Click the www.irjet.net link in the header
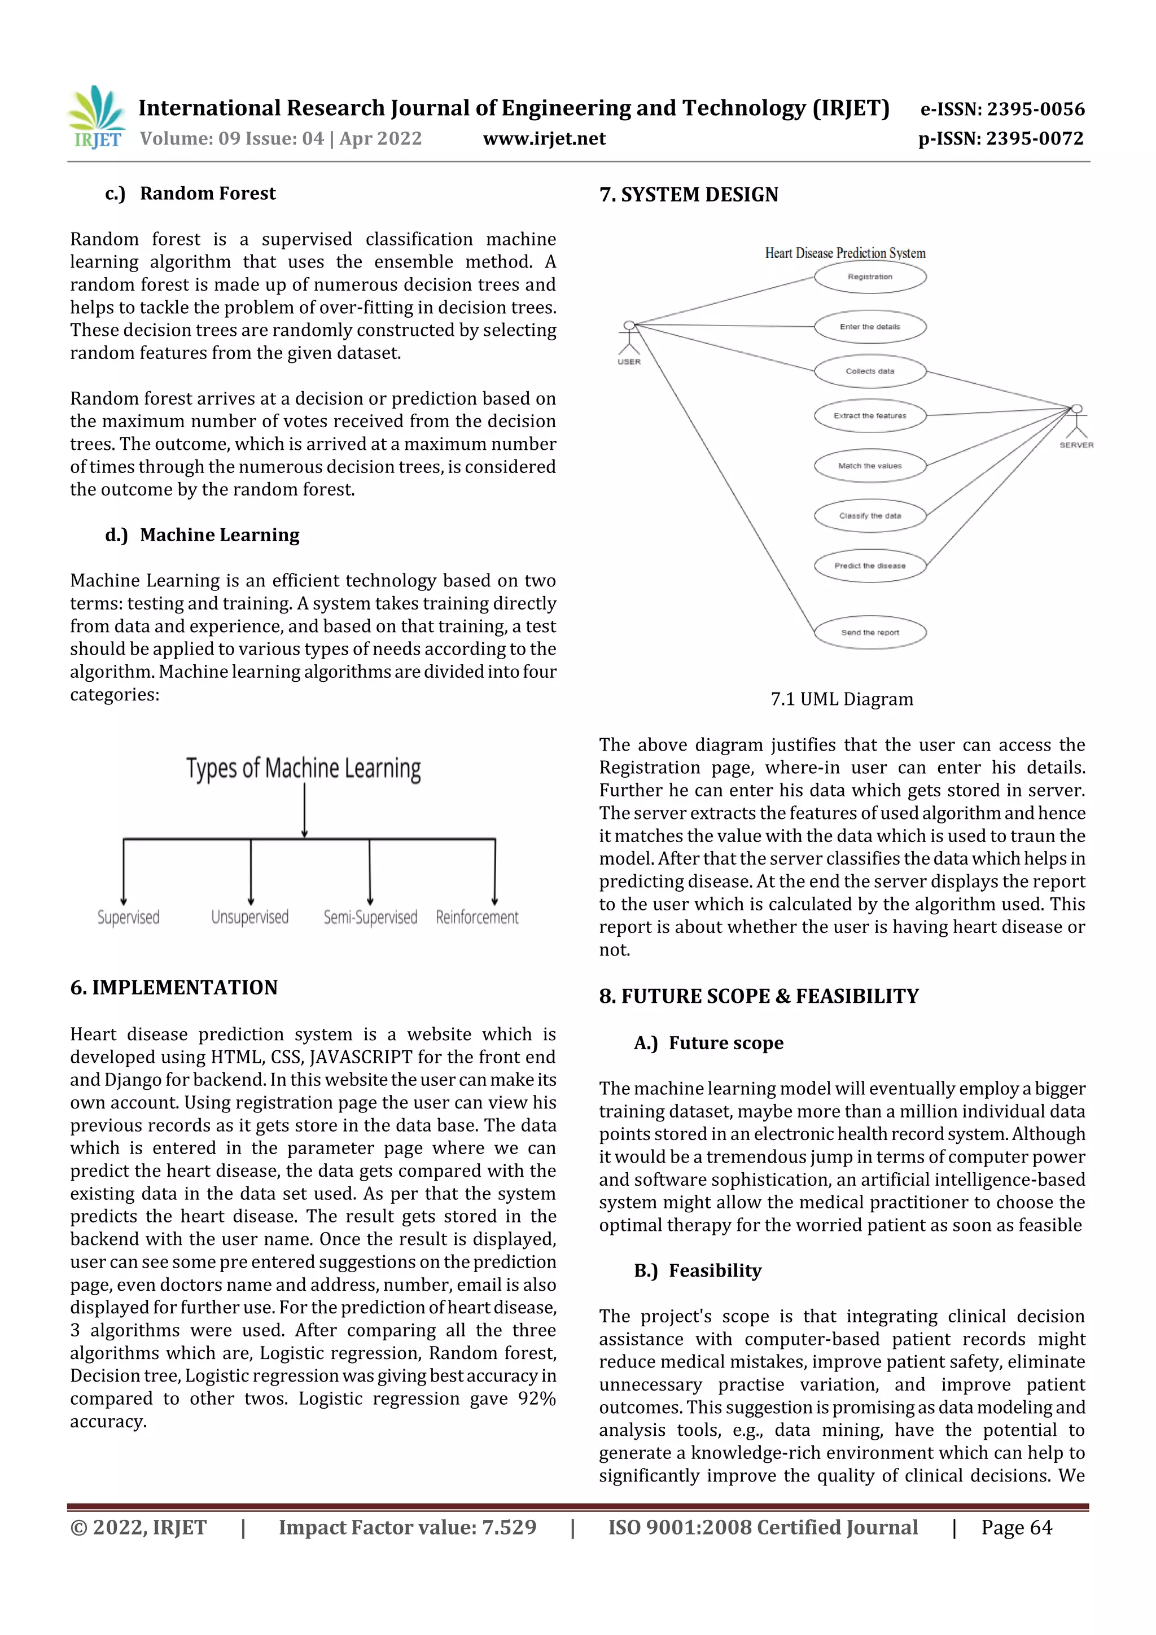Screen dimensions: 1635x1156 coord(544,138)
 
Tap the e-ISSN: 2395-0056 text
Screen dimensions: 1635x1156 coord(1002,109)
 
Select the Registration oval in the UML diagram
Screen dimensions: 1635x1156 coord(870,277)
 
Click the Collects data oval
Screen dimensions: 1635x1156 coord(870,371)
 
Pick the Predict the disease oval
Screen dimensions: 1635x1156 coord(870,566)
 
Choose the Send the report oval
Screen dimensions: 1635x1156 coord(870,632)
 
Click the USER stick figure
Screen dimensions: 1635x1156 coord(629,339)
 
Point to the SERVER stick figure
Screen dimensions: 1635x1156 coord(1076,422)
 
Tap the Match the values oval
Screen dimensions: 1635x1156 coord(870,466)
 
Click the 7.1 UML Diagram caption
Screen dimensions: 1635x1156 coord(841,699)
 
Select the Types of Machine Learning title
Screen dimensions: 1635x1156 coord(304,768)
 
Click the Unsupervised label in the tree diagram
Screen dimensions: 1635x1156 coord(250,917)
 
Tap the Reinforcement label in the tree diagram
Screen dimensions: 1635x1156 coord(477,917)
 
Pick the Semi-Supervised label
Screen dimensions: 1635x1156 coord(370,917)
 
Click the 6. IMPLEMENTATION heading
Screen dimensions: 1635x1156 coord(174,988)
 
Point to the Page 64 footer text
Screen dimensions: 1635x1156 coord(1017,1527)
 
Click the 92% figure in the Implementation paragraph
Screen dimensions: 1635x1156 coord(536,1399)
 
